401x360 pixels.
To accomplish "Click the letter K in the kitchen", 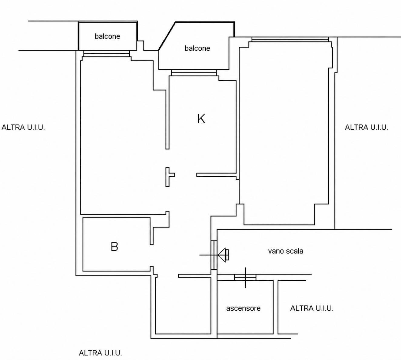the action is point(201,119).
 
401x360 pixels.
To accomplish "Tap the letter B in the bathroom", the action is point(114,247).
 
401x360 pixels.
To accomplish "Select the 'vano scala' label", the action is point(286,251).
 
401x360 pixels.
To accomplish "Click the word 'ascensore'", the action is point(243,308).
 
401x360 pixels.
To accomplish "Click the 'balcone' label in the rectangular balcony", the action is point(107,36).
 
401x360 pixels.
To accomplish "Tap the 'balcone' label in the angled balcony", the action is point(197,48).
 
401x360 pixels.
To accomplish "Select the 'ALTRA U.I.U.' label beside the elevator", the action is point(312,308).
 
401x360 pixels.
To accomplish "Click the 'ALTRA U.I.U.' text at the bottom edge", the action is point(100,353).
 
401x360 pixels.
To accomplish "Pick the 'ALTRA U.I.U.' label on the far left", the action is point(23,127).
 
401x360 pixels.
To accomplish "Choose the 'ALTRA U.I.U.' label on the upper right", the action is point(366,127).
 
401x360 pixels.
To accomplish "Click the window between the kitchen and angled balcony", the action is point(194,73).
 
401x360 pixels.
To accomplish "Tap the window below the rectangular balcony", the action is point(107,53).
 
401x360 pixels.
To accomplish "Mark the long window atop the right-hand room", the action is point(290,39).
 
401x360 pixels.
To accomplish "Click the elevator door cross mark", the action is point(245,278).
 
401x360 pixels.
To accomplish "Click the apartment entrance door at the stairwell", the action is point(214,255).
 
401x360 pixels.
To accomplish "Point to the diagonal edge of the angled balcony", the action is point(167,36).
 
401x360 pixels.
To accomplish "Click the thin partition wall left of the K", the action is point(167,119).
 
